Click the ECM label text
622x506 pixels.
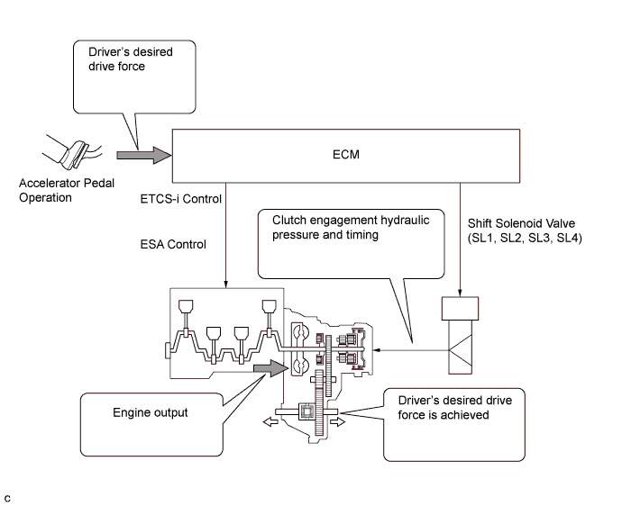coord(343,154)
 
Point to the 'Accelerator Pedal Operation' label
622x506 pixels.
coord(59,191)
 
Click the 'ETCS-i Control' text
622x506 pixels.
coord(181,198)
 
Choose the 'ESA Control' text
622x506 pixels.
coord(174,244)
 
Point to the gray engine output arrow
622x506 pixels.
coord(269,366)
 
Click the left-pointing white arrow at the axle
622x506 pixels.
coord(270,420)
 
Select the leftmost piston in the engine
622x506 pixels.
coord(188,312)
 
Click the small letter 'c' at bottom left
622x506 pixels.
coord(8,495)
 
